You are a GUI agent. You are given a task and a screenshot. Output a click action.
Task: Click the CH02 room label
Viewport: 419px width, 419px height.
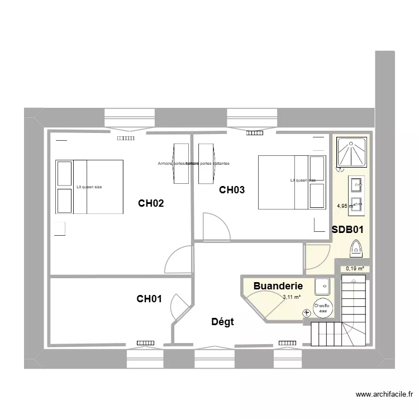point(151,203)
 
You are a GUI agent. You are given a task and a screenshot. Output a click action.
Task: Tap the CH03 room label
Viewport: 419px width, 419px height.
point(231,190)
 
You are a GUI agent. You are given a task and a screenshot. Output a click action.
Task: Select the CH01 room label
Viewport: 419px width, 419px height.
point(149,299)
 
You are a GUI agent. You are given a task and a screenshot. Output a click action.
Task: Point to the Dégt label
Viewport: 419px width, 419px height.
point(222,321)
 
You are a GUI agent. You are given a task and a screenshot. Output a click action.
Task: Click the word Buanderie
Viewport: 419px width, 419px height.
point(278,285)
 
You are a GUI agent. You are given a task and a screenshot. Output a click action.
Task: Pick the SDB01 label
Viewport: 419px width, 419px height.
point(347,229)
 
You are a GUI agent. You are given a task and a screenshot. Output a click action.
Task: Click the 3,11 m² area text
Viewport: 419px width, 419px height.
point(292,297)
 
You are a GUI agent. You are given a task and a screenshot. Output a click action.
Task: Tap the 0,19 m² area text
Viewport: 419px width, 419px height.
point(355,268)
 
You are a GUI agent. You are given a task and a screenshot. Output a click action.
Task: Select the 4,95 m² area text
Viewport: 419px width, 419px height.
point(346,206)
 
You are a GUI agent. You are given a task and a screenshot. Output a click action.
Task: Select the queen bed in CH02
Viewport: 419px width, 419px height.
point(89,187)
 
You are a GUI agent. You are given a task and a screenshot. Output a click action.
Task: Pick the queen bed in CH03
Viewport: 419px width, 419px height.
point(292,182)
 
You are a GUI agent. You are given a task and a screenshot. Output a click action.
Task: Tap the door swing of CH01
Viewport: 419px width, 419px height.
point(180,304)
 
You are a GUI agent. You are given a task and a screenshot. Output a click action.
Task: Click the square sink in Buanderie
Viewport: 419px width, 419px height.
point(322,287)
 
